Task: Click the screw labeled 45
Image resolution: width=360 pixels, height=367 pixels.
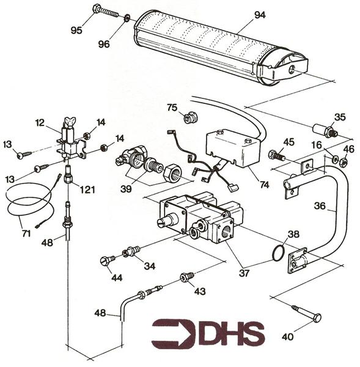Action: point(277,155)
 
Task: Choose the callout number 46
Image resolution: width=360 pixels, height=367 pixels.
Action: point(348,148)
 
